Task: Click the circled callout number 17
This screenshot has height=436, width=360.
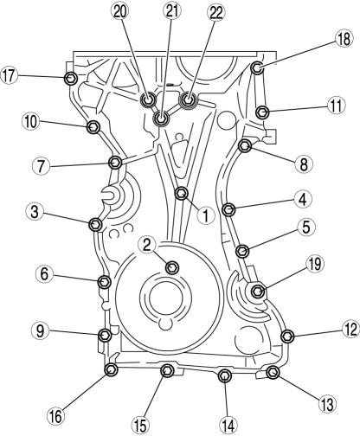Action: tap(9, 76)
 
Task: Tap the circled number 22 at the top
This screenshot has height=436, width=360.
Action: tap(216, 13)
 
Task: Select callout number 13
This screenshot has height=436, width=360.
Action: tap(328, 403)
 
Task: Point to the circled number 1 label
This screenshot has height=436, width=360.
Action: tap(205, 215)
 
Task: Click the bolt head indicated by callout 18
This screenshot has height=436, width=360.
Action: tap(256, 68)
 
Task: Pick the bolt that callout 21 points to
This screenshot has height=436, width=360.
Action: tap(161, 118)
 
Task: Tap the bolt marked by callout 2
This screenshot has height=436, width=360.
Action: tap(173, 267)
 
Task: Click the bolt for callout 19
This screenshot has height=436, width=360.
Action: tap(258, 292)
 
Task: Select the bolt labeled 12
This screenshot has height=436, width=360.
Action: tap(287, 336)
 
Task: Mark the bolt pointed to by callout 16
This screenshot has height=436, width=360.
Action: tap(111, 369)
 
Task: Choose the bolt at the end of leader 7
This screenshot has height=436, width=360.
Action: tap(115, 163)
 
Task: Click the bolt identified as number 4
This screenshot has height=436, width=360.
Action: tap(229, 209)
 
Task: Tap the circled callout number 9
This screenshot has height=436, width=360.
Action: tap(40, 331)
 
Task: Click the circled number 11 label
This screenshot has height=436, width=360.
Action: tap(336, 106)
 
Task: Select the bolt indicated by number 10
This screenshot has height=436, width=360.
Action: tap(93, 127)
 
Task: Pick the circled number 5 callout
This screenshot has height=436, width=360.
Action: tap(306, 228)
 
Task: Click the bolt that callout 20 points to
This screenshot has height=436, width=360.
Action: tap(149, 99)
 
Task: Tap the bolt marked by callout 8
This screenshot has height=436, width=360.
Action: tap(245, 145)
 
